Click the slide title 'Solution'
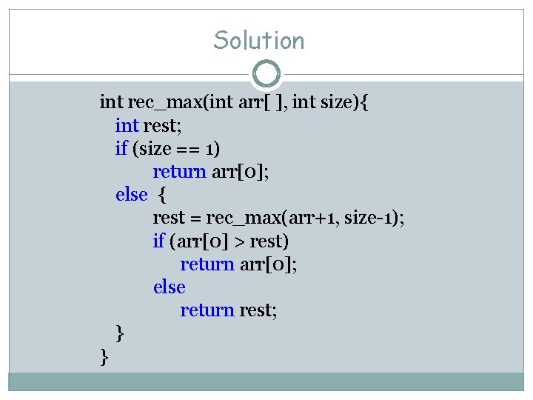259,40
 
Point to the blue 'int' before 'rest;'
127,124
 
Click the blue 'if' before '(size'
121,148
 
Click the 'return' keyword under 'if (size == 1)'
179,171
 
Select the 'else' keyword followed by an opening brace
132,194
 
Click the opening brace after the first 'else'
163,195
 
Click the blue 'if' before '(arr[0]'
158,241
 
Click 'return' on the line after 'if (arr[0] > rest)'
207,264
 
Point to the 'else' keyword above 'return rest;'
169,287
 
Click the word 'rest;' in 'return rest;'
258,310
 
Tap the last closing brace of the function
104,358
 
